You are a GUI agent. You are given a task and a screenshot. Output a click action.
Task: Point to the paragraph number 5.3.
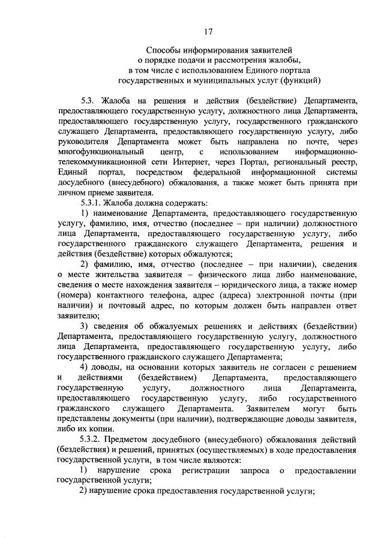pyautogui.click(x=88, y=100)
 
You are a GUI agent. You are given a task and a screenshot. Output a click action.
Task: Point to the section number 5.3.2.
pyautogui.click(x=92, y=436)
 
